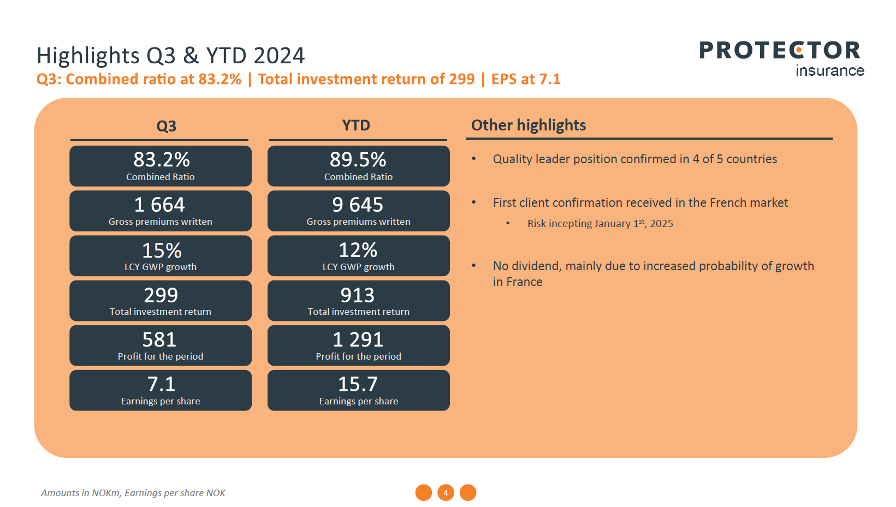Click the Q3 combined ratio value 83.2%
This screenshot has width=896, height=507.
161,160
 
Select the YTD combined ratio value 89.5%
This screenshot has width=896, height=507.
358,160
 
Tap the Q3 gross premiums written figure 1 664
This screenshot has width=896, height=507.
160,205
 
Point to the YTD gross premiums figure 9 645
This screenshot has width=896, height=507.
358,205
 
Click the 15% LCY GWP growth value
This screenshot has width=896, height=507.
162,250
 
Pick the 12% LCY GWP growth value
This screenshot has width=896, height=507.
358,250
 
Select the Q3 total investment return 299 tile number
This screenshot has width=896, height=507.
161,295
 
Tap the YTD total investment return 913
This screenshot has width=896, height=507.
358,295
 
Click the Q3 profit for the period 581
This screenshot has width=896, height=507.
159,340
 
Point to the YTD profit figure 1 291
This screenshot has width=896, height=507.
358,340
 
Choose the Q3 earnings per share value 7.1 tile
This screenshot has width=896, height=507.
161,385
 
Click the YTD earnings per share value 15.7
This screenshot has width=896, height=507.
358,385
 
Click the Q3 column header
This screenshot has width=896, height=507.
167,127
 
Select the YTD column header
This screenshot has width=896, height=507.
356,126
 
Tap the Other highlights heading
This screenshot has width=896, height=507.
529,126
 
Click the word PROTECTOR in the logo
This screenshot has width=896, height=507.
780,51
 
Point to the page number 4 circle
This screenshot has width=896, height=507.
446,493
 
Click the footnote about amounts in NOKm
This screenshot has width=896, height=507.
133,493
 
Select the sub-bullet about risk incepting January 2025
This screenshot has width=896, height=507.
600,224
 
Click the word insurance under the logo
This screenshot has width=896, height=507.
830,71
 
